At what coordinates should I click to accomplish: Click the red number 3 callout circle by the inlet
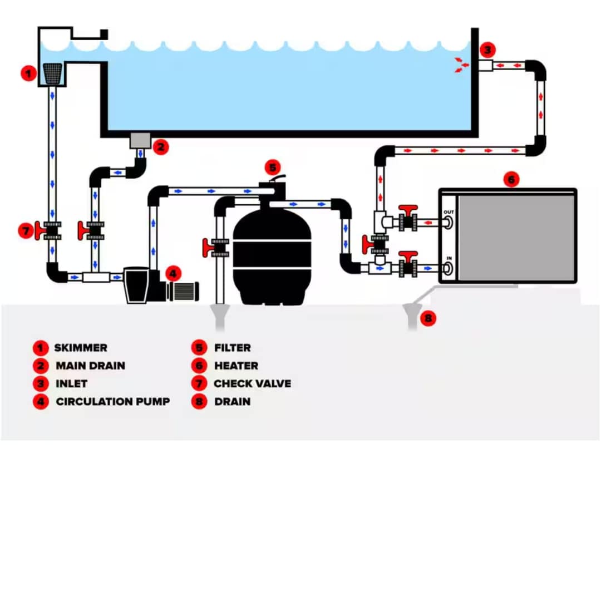[487, 50]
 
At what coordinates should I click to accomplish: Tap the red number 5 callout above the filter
[272, 167]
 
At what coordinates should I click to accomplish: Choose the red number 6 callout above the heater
[511, 179]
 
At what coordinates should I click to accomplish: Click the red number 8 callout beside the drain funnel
[427, 318]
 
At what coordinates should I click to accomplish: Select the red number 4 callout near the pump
[173, 273]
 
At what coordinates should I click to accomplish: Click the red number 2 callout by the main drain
[160, 147]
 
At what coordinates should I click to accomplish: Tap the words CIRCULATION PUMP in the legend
[113, 401]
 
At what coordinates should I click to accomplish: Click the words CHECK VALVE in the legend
[252, 383]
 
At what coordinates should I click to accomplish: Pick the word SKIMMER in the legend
[81, 348]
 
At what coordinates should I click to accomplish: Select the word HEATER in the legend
[236, 366]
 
